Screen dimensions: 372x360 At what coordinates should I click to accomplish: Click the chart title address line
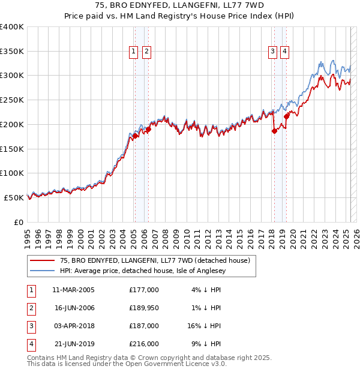click(x=180, y=5)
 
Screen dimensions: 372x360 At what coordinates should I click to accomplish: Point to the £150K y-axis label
click(x=12, y=148)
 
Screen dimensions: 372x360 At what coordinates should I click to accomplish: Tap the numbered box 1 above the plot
click(x=133, y=52)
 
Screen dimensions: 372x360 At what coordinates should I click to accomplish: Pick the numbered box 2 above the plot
click(x=146, y=52)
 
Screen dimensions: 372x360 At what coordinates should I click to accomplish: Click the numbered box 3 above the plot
click(x=272, y=52)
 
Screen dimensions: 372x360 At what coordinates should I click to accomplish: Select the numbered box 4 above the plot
click(x=284, y=52)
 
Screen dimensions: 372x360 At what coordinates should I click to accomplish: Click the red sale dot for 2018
click(x=274, y=131)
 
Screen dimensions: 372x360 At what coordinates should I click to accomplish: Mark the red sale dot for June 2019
click(x=287, y=116)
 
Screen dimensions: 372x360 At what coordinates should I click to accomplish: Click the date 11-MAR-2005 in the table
click(x=73, y=290)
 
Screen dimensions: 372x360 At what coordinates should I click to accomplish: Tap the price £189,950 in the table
click(x=143, y=308)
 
